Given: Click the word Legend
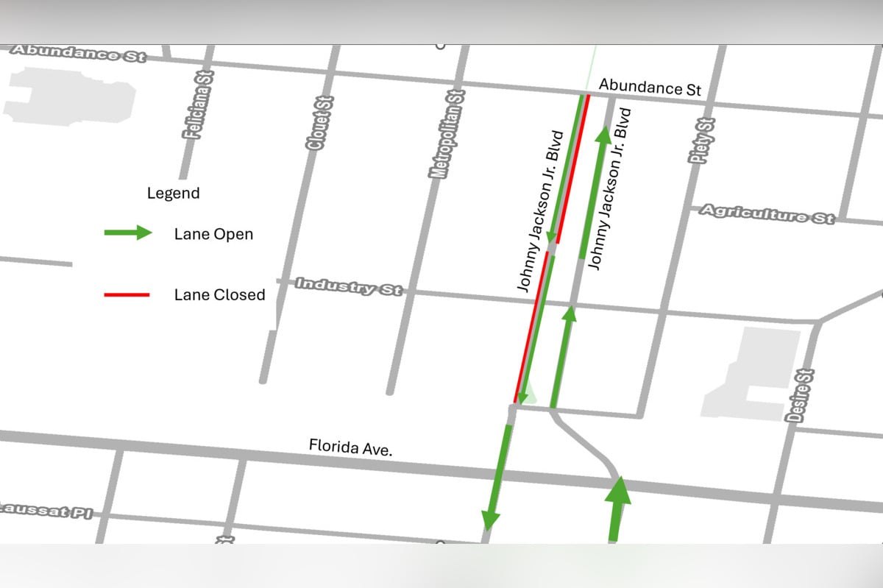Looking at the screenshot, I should tap(173, 194).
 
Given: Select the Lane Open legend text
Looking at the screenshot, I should tap(213, 234).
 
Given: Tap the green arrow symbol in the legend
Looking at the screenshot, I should tap(128, 233).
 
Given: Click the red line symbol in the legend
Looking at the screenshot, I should tap(127, 295).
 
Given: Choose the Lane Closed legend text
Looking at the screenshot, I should tap(219, 295).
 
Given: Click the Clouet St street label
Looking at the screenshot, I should tap(319, 124).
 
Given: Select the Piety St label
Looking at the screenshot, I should tap(701, 141).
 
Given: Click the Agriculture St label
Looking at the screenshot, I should tap(766, 213).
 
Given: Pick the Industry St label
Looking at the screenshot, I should tap(349, 286).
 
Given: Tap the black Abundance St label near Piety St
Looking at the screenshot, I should tap(650, 87).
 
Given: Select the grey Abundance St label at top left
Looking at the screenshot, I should tap(78, 53).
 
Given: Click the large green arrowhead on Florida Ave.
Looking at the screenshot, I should tap(618, 491).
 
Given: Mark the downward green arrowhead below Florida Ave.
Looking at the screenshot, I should tap(489, 520).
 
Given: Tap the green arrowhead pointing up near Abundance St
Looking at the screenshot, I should tap(603, 135).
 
